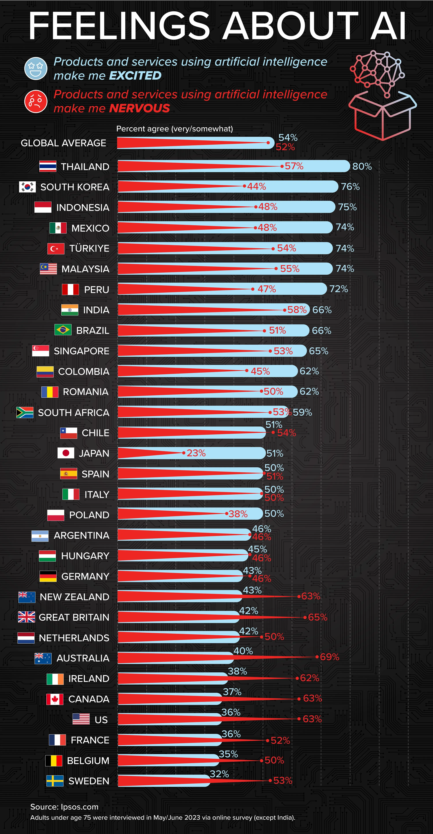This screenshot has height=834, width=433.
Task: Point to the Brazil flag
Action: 63,330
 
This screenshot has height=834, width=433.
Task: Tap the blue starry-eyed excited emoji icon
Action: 36,68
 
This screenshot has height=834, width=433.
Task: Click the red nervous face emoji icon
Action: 36,101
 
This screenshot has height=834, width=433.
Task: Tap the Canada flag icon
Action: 55,699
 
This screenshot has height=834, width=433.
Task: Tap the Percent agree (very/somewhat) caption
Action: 174,129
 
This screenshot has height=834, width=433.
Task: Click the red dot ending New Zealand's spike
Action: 299,596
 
